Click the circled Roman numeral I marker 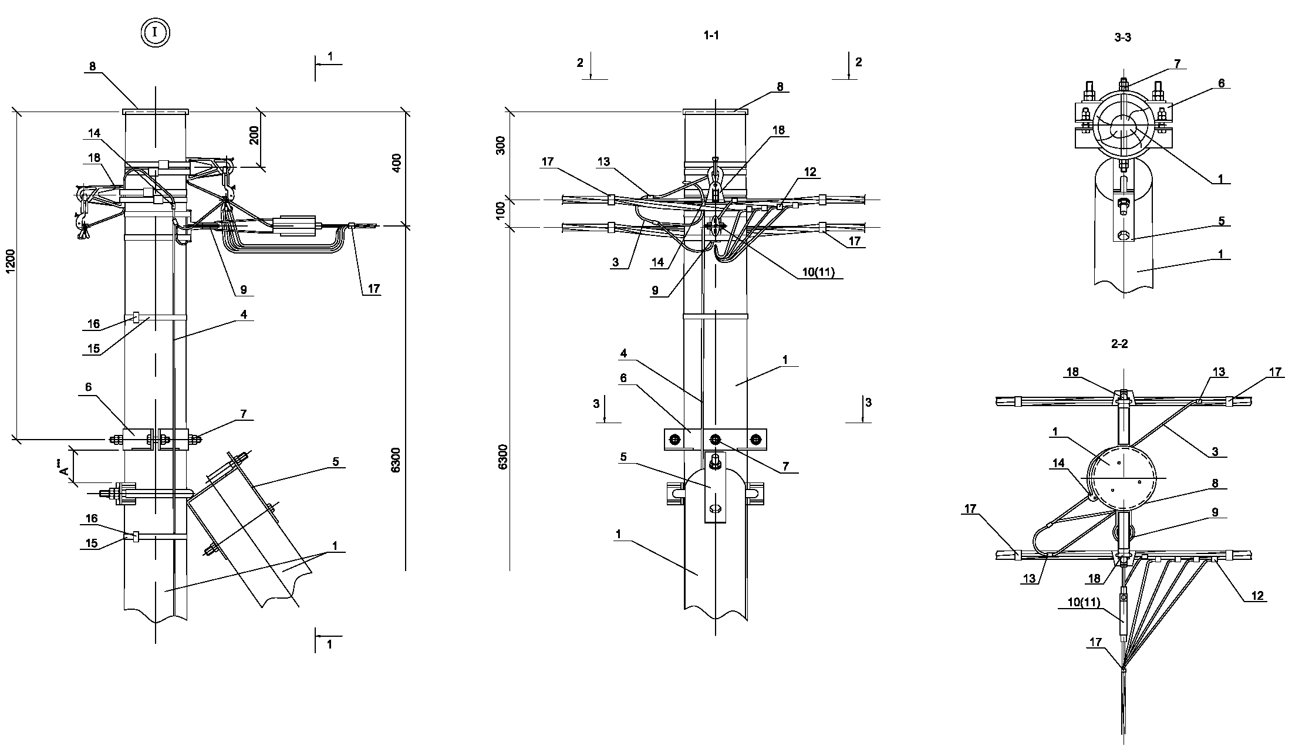point(155,32)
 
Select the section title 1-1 point(711,36)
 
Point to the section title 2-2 point(1119,344)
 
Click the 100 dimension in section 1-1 point(501,210)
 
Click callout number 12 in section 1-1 point(810,171)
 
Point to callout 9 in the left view point(243,289)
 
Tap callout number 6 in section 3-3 point(1222,83)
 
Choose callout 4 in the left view point(244,315)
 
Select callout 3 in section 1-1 point(615,262)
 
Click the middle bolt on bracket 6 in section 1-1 point(714,440)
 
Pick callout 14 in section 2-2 point(1058,463)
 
